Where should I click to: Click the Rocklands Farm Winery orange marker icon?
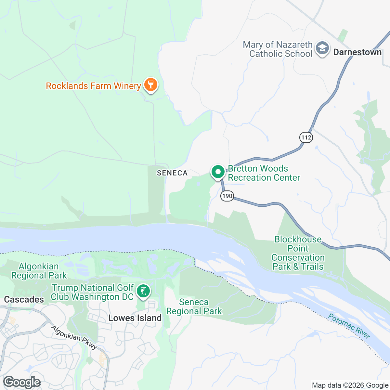(150, 85)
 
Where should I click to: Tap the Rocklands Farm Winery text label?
(93, 86)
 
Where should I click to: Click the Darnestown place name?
(357, 52)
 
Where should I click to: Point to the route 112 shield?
(306, 137)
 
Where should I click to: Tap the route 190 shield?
(227, 196)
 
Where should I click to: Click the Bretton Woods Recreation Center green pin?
(218, 172)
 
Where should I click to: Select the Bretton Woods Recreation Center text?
(264, 173)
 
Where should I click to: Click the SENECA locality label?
(172, 173)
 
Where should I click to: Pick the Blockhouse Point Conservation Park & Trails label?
(298, 253)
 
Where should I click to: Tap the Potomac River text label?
(349, 326)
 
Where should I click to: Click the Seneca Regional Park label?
(194, 307)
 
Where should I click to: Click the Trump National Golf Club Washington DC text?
(92, 292)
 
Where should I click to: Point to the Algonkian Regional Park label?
(39, 271)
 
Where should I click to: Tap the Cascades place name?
(24, 299)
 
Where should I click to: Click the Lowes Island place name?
(135, 318)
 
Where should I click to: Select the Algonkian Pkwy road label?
(74, 337)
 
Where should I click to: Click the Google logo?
(22, 383)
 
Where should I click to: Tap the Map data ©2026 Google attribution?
(350, 385)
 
